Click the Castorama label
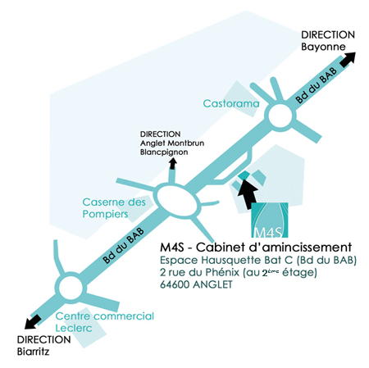click(231, 103)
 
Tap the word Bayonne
click(323, 47)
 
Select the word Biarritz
click(33, 352)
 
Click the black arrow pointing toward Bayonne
click(348, 59)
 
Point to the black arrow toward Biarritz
click(33, 321)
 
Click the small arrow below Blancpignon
click(172, 164)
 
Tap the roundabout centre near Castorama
click(280, 116)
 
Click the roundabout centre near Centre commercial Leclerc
click(71, 288)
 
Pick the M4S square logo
click(270, 220)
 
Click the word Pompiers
click(105, 214)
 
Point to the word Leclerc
click(74, 328)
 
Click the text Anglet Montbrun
click(172, 143)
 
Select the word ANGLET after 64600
click(212, 284)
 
